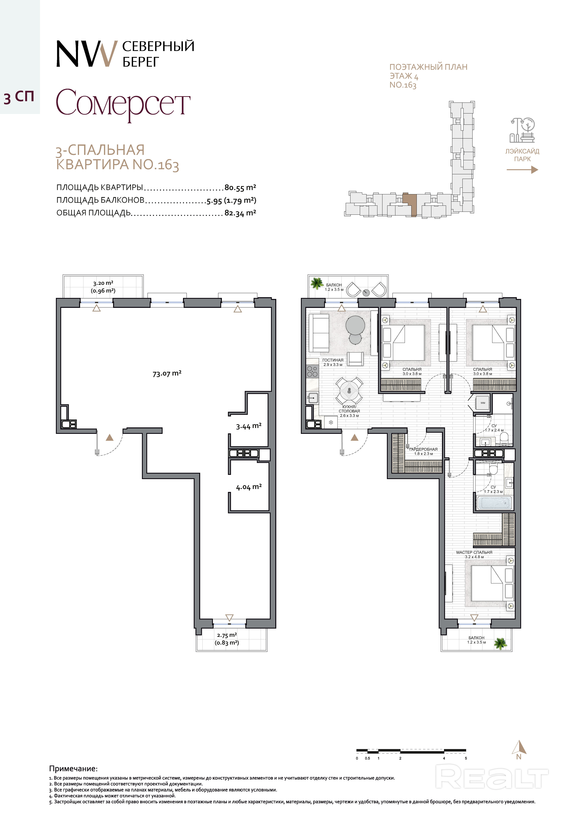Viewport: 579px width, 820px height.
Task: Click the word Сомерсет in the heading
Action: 123,104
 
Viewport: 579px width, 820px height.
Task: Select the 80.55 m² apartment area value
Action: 240,187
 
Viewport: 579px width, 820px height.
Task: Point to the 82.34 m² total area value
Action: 240,213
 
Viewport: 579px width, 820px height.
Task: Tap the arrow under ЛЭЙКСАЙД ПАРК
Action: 522,170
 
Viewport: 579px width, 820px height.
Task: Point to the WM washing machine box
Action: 483,403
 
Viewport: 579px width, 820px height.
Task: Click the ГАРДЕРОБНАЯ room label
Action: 423,449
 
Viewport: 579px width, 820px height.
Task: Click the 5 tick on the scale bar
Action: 466,758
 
